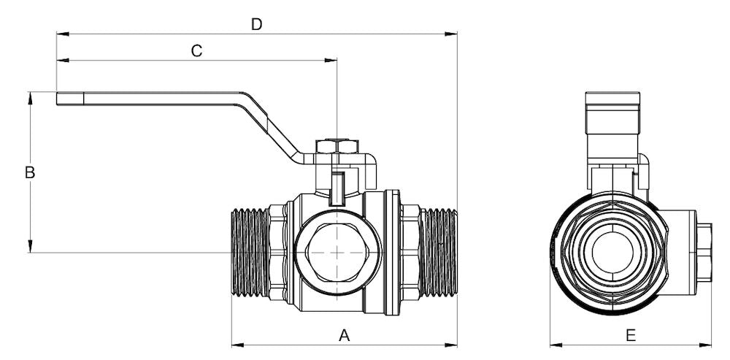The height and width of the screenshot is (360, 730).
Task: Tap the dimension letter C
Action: [x=196, y=50]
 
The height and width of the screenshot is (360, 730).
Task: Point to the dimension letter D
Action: [x=256, y=24]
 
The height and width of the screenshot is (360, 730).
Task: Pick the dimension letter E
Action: [x=631, y=335]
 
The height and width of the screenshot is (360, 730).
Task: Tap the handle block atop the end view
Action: [x=613, y=114]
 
